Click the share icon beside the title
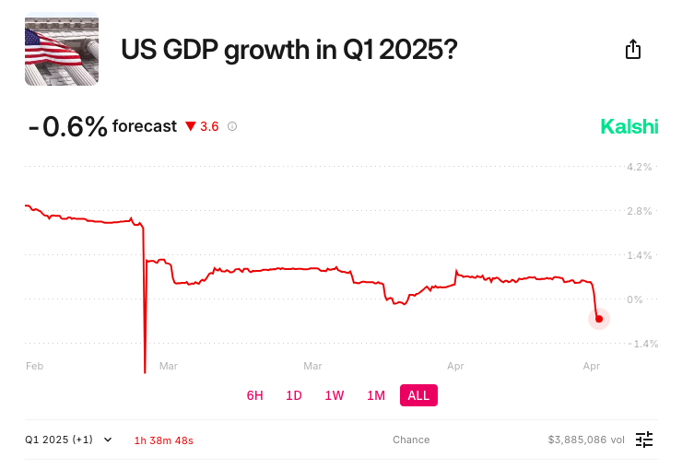(x=633, y=50)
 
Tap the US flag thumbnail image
(x=62, y=49)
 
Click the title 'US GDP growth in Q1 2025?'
(x=288, y=50)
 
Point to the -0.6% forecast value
(x=67, y=126)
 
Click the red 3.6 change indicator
(x=203, y=126)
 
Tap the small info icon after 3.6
(x=232, y=126)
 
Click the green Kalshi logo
(x=629, y=126)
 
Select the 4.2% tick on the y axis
(x=640, y=167)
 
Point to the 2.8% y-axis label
(x=640, y=211)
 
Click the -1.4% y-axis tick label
(x=638, y=344)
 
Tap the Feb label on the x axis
(x=35, y=366)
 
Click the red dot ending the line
(x=599, y=319)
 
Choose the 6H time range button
(x=255, y=395)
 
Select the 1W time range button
(x=335, y=395)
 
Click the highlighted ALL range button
(x=418, y=395)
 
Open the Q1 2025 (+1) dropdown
(x=69, y=440)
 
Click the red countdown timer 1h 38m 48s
(x=163, y=440)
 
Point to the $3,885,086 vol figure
(x=586, y=440)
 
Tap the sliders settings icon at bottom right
(x=644, y=440)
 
